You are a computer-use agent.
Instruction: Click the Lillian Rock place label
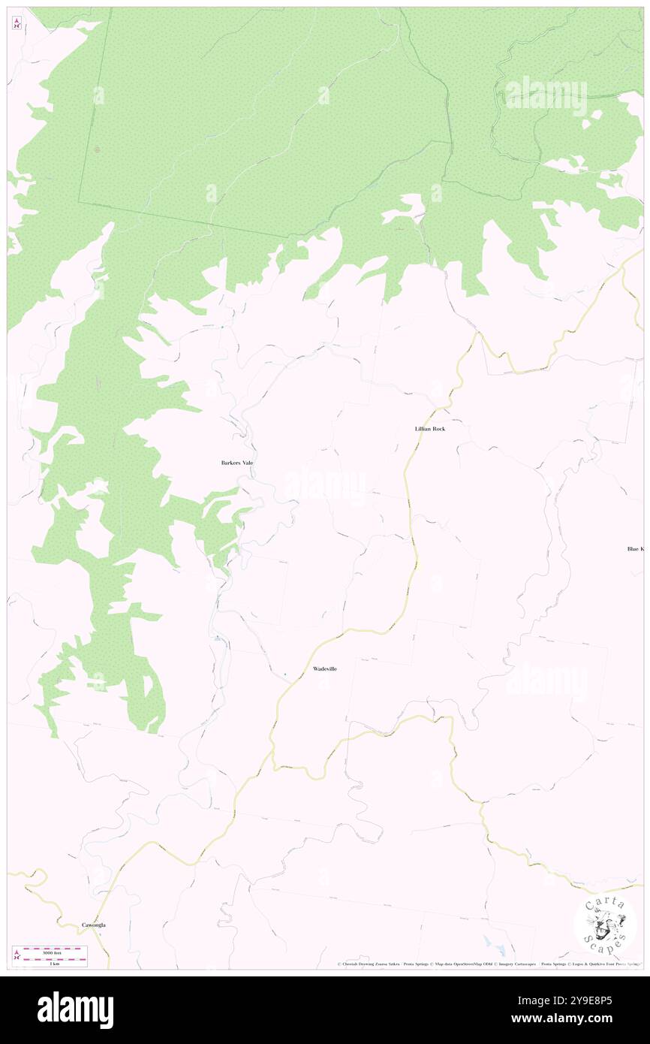click(x=429, y=429)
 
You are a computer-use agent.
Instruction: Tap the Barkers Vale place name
click(x=237, y=463)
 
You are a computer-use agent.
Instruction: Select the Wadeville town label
click(x=324, y=668)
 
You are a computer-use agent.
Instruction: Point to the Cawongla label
click(x=94, y=925)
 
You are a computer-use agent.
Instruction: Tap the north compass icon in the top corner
click(x=17, y=23)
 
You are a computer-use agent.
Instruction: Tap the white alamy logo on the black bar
click(x=75, y=1010)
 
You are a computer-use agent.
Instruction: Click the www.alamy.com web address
click(x=593, y=1019)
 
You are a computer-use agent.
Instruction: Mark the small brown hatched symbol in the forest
click(x=97, y=149)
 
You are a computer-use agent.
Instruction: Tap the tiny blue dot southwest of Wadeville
click(x=284, y=674)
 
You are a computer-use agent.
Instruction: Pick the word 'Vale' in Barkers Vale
click(x=246, y=463)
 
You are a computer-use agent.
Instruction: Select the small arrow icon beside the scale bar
click(x=17, y=955)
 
